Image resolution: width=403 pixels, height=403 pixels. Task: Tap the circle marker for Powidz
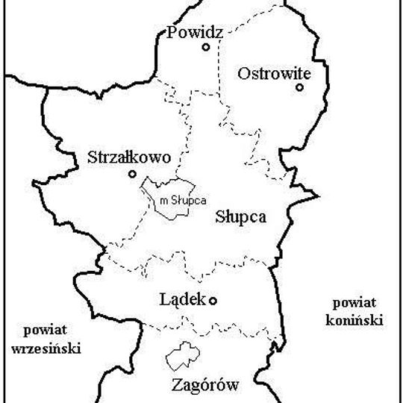[x=205, y=47]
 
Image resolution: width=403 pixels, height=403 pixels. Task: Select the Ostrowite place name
[x=272, y=73]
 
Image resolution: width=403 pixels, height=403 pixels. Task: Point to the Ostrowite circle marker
[x=299, y=87]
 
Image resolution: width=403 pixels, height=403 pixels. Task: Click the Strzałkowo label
[x=129, y=158]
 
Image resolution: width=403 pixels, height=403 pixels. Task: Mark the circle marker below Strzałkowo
[x=132, y=174]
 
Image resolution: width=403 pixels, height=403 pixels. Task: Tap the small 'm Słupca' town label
[x=183, y=199]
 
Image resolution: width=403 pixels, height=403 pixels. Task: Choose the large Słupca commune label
[x=240, y=217]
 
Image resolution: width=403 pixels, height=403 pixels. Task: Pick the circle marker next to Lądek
[x=213, y=301]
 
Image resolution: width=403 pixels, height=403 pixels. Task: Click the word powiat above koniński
[x=351, y=304]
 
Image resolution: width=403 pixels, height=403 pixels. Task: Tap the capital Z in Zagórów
[x=176, y=386]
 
